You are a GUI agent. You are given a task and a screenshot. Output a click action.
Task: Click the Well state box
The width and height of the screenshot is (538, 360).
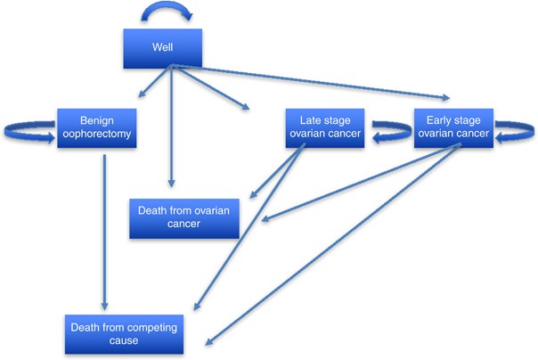[x=161, y=48]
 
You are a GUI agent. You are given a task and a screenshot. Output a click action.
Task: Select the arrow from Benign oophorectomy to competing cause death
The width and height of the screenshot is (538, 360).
[x=105, y=232]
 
